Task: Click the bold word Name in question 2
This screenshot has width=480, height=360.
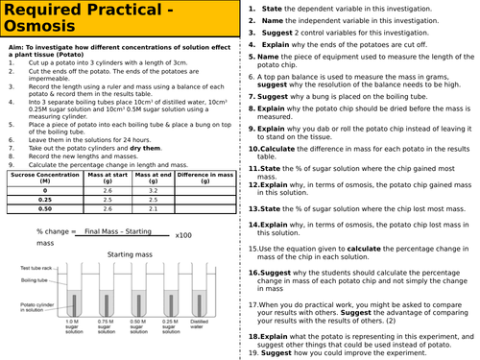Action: pyautogui.click(x=273, y=20)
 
